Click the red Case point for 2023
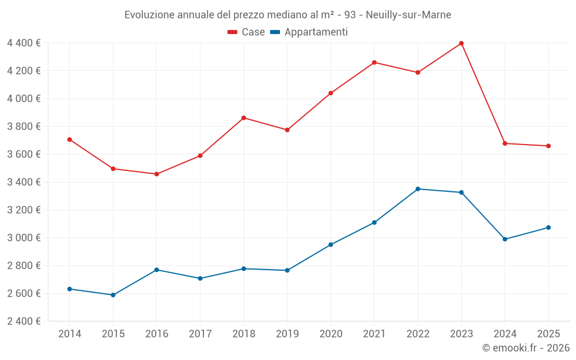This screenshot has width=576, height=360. click(461, 43)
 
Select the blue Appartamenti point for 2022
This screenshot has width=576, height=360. click(418, 189)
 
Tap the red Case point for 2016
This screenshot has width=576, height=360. click(156, 174)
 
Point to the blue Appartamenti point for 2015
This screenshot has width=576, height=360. click(113, 295)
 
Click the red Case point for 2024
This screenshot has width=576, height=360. click(505, 143)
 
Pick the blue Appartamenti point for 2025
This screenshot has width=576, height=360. click(548, 228)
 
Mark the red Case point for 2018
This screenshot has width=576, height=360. click(244, 118)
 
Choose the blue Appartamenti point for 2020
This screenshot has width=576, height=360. click(331, 245)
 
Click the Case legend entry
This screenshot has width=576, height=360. click(247, 32)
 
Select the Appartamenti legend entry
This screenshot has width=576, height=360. click(309, 32)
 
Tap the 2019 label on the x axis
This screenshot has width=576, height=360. click(287, 334)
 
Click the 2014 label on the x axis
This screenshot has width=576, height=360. click(69, 334)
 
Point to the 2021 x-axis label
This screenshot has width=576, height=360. click(374, 334)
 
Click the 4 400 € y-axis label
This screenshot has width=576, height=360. click(24, 43)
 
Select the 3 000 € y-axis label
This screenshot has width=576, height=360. click(24, 238)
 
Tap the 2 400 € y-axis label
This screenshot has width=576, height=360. click(24, 321)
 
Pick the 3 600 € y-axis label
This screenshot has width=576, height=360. click(24, 154)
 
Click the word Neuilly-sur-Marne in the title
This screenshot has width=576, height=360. click(408, 14)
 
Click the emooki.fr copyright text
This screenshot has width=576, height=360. click(526, 348)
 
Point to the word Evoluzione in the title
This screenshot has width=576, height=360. click(147, 14)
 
